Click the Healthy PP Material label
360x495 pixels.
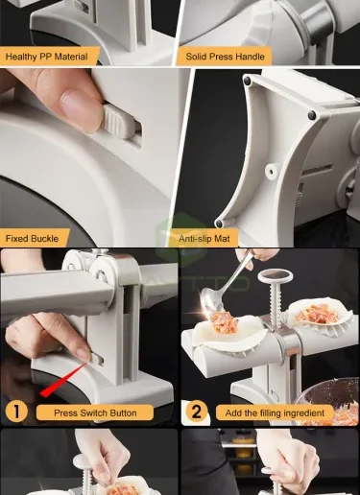tap(47, 57)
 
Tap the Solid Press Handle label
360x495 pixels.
tap(225, 57)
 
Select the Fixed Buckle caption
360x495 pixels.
tap(32, 239)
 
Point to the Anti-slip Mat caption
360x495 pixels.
tap(204, 239)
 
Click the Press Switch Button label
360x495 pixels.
tap(95, 412)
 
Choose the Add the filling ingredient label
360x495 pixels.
tap(275, 412)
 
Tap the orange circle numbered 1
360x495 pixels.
tap(16, 412)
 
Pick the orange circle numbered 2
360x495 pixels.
tap(196, 412)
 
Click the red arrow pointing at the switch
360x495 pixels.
tap(64, 380)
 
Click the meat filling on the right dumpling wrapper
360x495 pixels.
tap(317, 313)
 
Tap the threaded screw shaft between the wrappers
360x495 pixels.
tap(276, 306)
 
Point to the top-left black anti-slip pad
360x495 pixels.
tap(247, 82)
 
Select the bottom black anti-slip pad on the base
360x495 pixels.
tap(219, 223)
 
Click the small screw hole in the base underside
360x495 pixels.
tap(272, 171)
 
